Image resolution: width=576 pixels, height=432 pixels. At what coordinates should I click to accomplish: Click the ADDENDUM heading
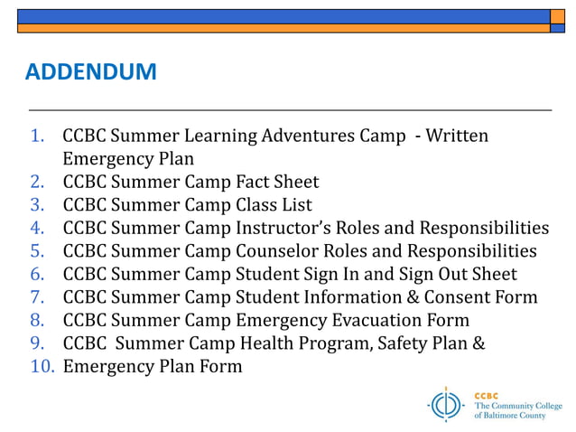(x=90, y=72)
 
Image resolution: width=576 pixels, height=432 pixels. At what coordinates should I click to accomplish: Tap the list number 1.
(x=38, y=136)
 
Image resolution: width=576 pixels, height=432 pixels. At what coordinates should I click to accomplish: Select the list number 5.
(x=38, y=251)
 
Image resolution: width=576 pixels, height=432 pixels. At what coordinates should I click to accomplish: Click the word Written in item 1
(x=457, y=136)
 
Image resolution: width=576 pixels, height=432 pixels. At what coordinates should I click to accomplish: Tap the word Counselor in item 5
(x=279, y=251)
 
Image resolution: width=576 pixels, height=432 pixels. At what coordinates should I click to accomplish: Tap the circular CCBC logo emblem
(x=445, y=404)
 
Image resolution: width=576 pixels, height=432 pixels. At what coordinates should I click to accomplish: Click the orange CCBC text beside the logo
(x=486, y=395)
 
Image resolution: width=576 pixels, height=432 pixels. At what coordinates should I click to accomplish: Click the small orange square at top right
(x=557, y=16)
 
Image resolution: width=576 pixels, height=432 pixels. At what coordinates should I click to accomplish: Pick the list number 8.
(x=38, y=320)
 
